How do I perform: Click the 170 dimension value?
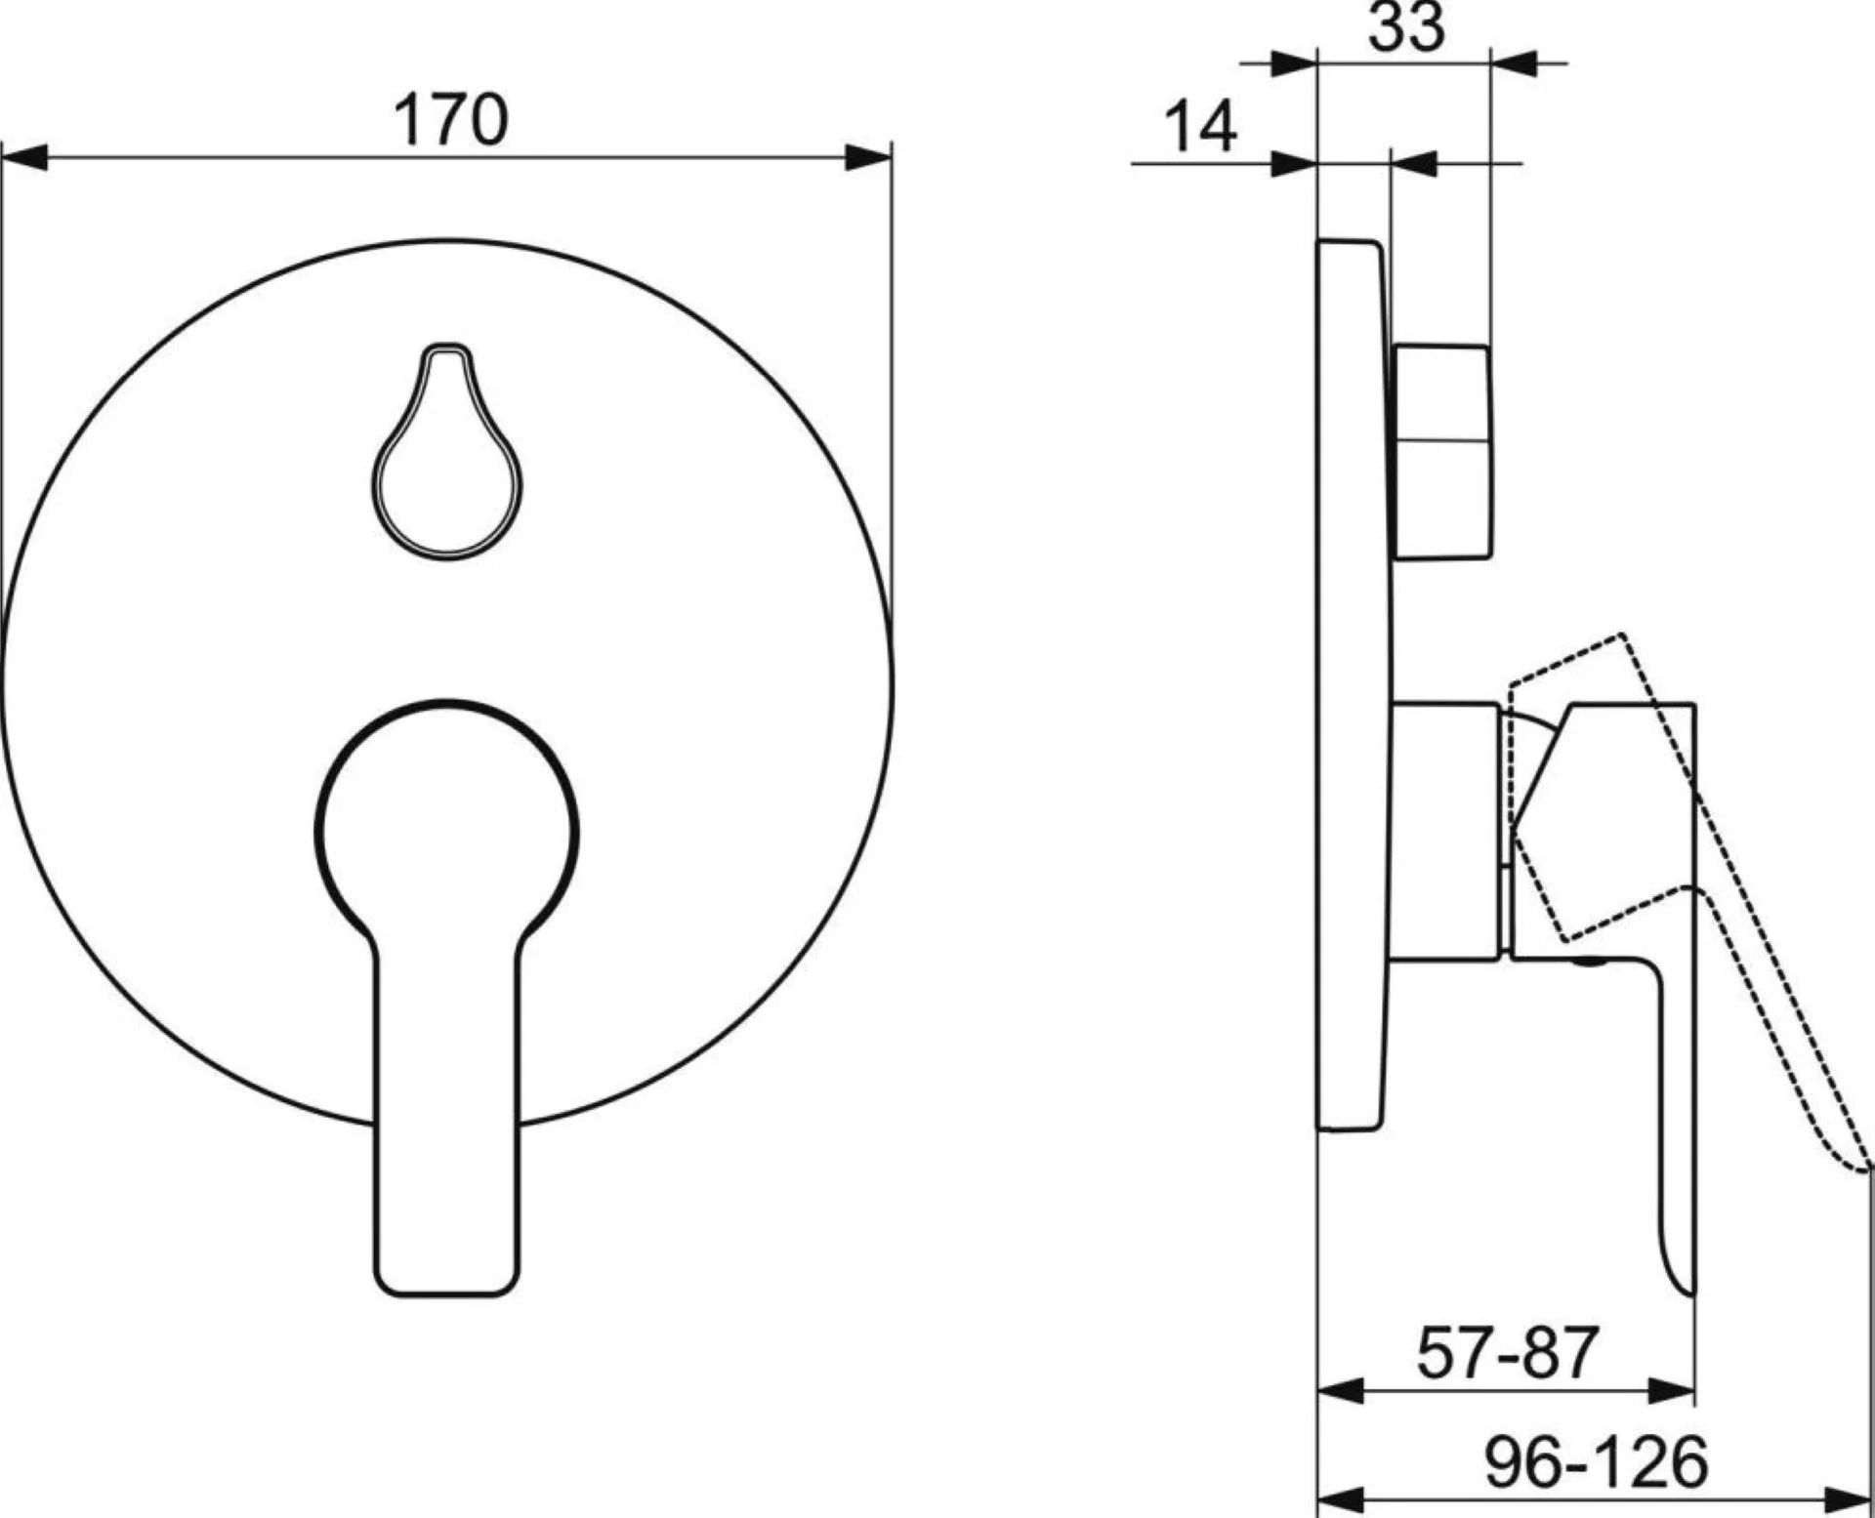pyautogui.click(x=450, y=120)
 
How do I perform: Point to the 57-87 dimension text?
pyautogui.click(x=1507, y=1353)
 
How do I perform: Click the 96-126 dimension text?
pyautogui.click(x=1597, y=1462)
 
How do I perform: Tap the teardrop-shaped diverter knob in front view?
pyautogui.click(x=446, y=451)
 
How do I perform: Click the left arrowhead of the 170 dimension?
pyautogui.click(x=24, y=157)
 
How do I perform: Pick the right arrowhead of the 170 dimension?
pyautogui.click(x=868, y=157)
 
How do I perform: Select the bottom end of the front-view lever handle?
pyautogui.click(x=446, y=1294)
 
